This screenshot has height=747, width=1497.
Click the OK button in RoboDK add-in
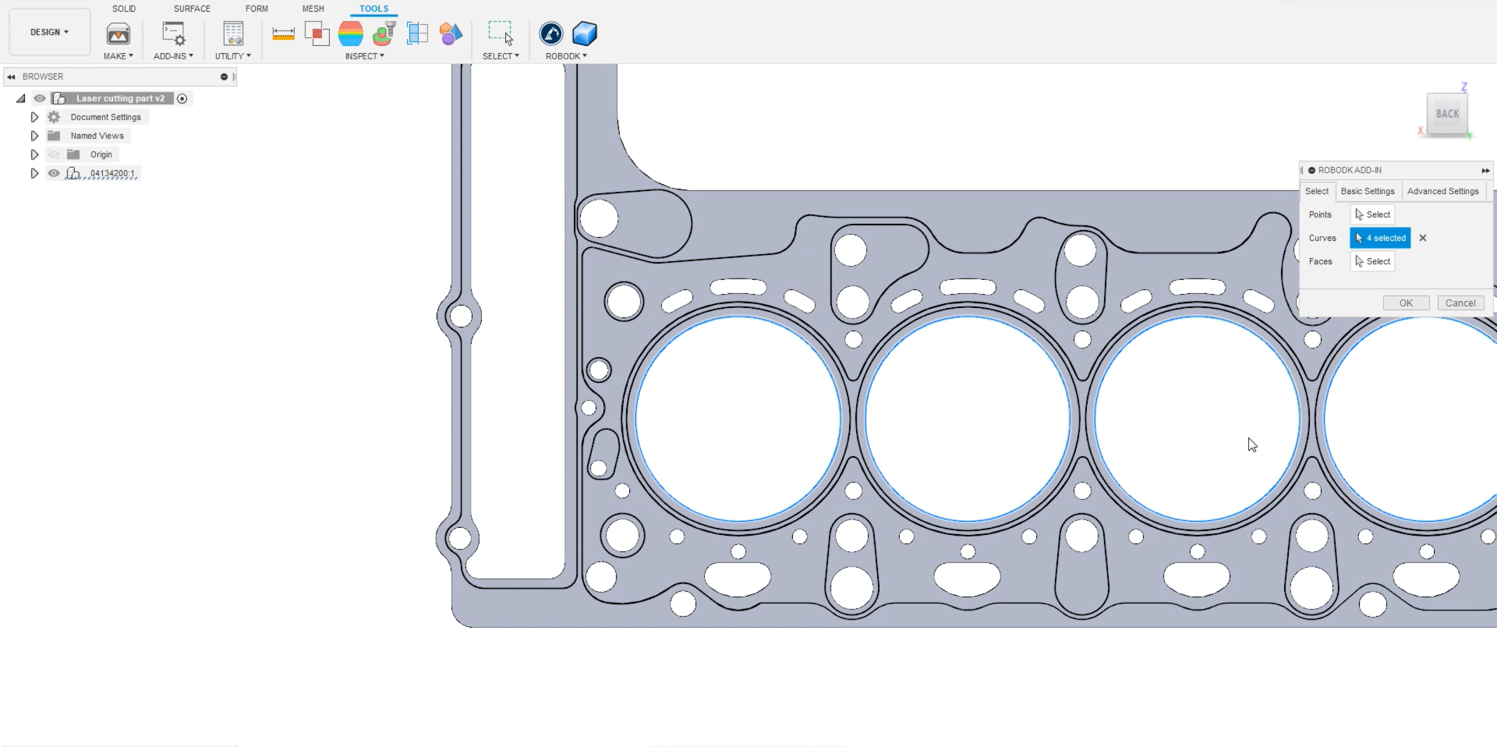[x=1406, y=303]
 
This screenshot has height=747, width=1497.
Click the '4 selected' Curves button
[x=1380, y=238]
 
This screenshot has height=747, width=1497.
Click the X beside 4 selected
[x=1423, y=238]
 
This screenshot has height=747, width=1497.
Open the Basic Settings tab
[x=1368, y=191]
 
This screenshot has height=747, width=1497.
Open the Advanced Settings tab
[x=1442, y=191]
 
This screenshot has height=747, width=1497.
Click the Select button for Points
[x=1373, y=214]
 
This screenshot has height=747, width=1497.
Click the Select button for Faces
[x=1373, y=261]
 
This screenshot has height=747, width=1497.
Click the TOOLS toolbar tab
[x=373, y=9]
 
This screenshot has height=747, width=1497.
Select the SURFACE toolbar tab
[x=192, y=9]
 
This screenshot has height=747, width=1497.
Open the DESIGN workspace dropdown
[x=49, y=32]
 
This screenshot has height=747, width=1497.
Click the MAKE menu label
[x=118, y=56]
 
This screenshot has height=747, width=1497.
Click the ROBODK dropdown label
[x=566, y=56]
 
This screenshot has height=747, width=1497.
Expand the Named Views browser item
[x=34, y=136]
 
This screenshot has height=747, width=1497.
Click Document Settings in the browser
[x=105, y=117]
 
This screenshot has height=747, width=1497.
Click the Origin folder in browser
[x=101, y=154]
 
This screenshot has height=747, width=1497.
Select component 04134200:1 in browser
[x=112, y=173]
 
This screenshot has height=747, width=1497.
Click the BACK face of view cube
[x=1447, y=114]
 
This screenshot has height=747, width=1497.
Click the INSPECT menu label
[x=364, y=56]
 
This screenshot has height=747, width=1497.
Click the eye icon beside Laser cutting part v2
[x=40, y=98]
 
